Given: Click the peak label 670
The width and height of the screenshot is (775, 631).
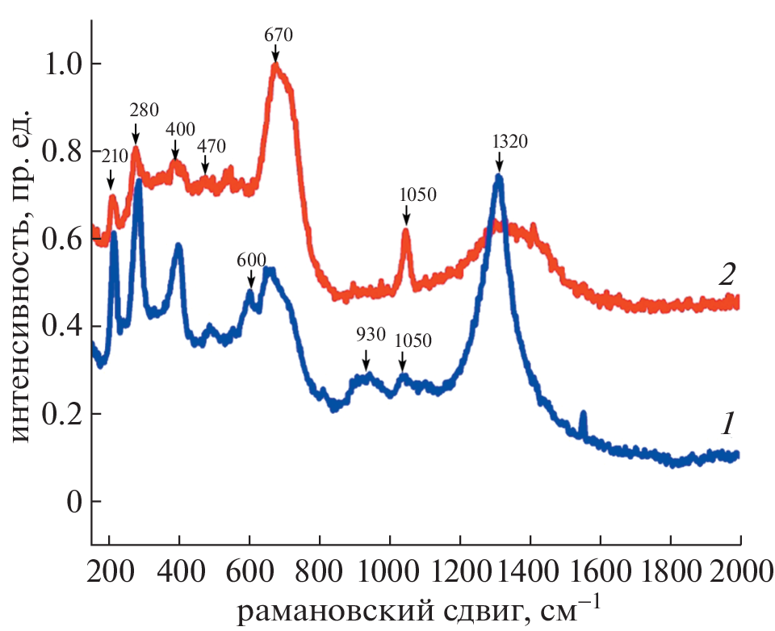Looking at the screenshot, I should point(277,35).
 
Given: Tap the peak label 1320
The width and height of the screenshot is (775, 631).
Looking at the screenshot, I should point(509,142).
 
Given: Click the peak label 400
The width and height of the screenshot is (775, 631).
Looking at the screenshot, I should point(180,129).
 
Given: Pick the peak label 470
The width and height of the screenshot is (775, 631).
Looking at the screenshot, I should point(212,146).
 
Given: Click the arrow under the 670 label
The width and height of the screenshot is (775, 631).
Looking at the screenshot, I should point(276,52).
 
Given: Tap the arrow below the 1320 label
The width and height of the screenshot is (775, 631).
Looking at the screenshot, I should point(500,163).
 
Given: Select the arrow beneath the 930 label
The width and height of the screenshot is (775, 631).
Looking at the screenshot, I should point(366,357).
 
